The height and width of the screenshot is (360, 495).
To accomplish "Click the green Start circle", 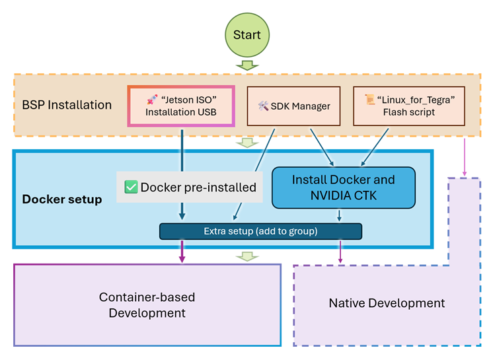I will (x=247, y=35).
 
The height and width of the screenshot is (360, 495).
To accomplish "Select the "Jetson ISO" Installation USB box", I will (x=182, y=106).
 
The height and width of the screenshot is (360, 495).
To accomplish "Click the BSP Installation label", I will (x=67, y=105).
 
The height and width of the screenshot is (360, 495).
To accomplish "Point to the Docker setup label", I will (x=62, y=199).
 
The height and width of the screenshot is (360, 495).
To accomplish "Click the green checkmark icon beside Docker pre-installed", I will (x=131, y=187).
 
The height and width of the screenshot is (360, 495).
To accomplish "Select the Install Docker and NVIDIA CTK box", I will (x=343, y=187).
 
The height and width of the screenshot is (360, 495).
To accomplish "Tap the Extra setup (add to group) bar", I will (x=260, y=231).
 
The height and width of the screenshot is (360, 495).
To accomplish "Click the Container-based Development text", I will (x=147, y=305).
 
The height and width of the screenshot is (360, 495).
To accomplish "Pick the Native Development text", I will (x=387, y=303).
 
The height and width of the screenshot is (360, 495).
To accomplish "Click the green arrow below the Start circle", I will (x=247, y=65).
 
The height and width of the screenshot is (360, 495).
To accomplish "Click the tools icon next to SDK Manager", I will (x=263, y=106).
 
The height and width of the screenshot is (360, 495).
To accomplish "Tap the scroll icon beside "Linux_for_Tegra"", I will (x=370, y=99).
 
